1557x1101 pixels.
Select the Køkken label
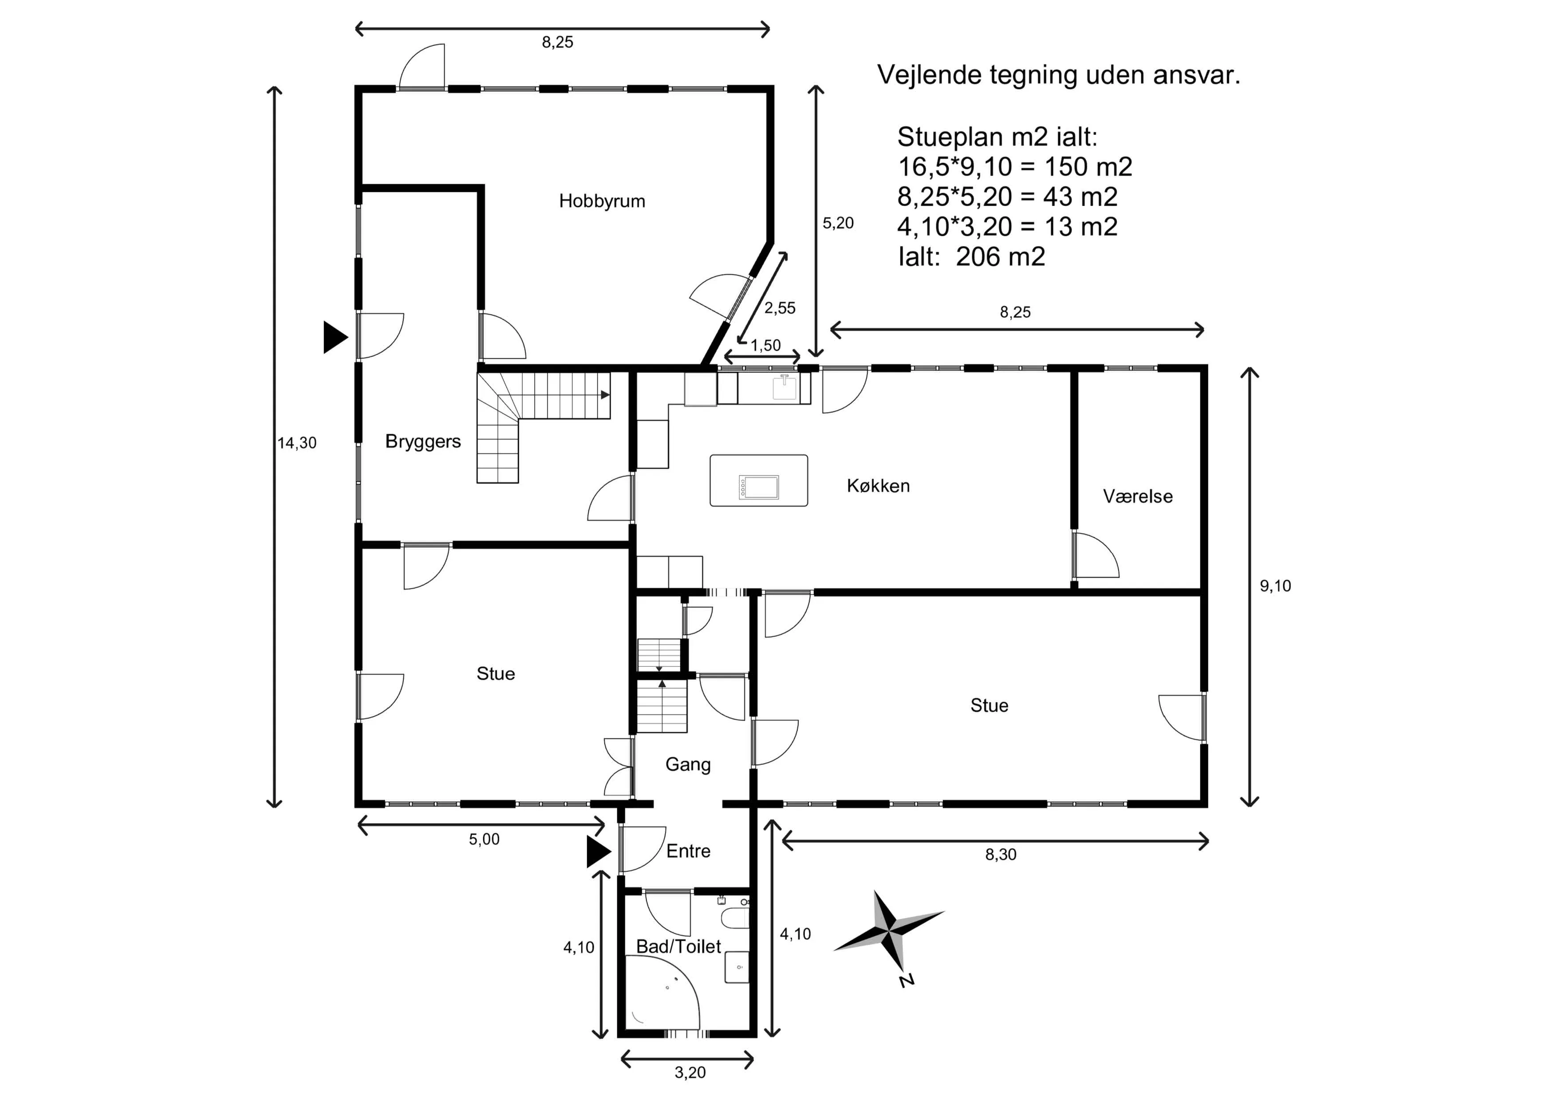[x=878, y=486]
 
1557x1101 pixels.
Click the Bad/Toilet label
[x=678, y=947]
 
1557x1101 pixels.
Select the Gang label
[x=688, y=764]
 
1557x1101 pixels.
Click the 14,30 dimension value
[x=297, y=443]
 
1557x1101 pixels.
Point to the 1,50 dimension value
[x=765, y=345]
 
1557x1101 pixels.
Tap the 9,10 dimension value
[x=1275, y=586]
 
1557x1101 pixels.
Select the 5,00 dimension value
[x=484, y=839]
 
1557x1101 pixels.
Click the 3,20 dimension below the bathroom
[x=690, y=1073]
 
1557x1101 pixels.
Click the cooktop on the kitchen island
[x=758, y=487]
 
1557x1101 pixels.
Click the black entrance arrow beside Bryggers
[x=334, y=337]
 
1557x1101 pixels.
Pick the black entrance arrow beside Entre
[x=598, y=852]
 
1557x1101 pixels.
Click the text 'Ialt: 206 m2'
[x=971, y=257]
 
